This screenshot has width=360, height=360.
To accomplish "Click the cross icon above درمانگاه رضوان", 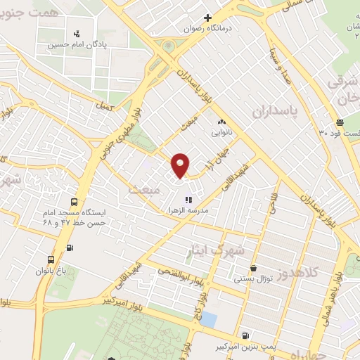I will coord(207,18).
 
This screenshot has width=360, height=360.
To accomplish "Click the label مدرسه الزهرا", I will coord(188,211).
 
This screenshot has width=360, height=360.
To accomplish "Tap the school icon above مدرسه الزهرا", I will coord(188,200).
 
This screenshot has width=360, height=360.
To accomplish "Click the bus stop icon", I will coord(69,247).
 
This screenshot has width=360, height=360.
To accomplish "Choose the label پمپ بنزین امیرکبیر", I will coord(243,347).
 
